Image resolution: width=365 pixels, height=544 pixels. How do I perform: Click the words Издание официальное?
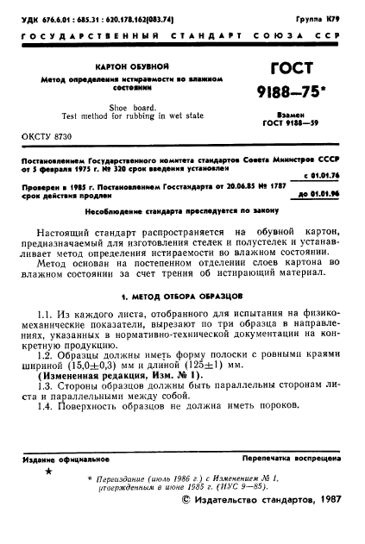coord(60,460)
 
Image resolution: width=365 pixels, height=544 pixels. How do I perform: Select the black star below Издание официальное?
coord(48,472)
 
